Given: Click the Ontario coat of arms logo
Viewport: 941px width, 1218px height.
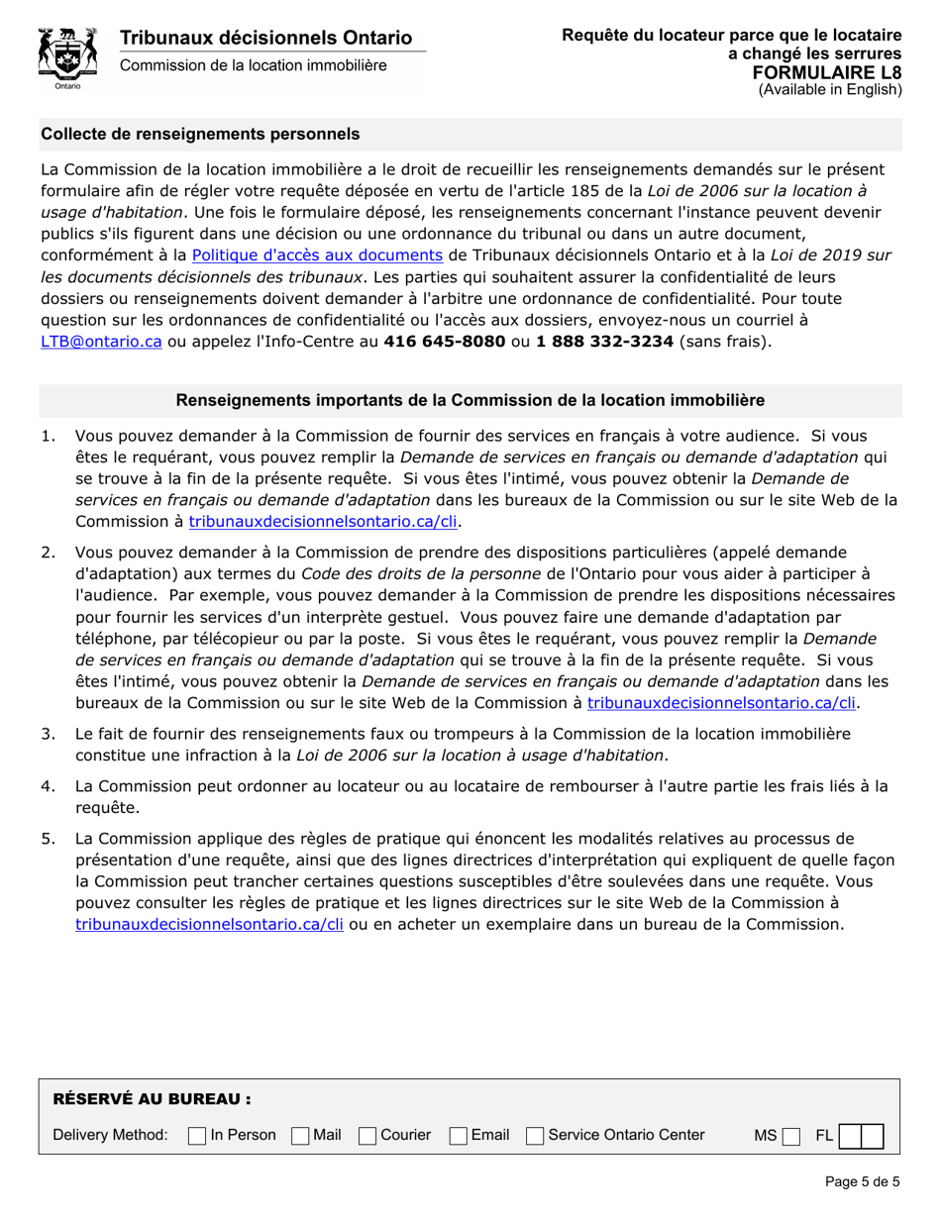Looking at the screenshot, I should click(66, 57).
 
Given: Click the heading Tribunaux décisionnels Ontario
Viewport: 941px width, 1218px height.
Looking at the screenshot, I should click(265, 38).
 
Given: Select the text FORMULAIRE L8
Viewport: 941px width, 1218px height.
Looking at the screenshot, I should click(826, 72).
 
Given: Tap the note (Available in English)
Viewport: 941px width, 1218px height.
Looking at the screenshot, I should click(830, 89).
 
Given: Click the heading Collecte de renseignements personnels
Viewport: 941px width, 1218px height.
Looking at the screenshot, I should click(200, 134).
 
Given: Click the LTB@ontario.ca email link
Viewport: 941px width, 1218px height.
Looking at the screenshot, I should click(100, 340).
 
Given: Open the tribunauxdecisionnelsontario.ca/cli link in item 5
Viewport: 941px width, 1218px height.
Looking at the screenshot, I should click(209, 924).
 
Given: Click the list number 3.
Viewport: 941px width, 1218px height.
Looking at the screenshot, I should click(48, 734).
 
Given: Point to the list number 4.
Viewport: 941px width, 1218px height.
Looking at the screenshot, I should click(48, 786).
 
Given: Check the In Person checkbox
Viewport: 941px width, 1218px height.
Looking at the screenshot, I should click(197, 1136).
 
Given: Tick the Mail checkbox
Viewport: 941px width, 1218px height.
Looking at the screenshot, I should click(300, 1136).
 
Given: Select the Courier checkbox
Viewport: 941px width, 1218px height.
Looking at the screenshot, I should click(367, 1136).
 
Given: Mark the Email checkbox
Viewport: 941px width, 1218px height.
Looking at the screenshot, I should click(459, 1136).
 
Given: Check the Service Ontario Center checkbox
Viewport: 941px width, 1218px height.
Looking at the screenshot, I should click(536, 1136).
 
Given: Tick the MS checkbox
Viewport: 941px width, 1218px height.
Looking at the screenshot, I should click(789, 1136).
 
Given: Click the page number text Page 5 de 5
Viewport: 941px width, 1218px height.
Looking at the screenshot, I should click(861, 1180).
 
